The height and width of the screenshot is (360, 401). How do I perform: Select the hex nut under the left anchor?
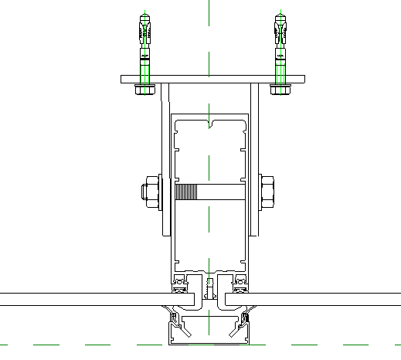point(144,90)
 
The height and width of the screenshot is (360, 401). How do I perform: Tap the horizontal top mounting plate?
point(213,80)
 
